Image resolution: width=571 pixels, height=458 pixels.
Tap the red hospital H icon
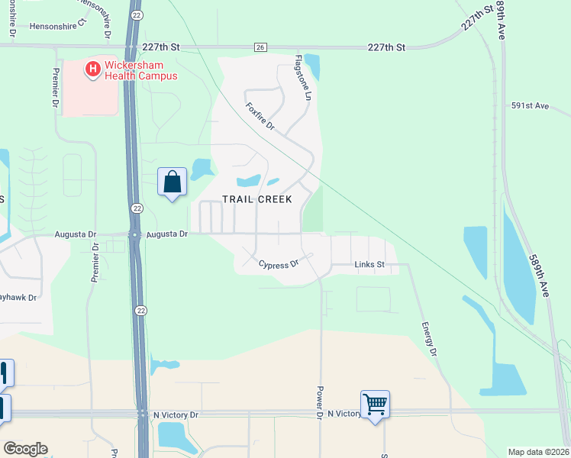[92, 70]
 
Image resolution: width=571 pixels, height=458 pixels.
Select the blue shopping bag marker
[173, 182]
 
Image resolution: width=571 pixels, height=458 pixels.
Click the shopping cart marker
[376, 404]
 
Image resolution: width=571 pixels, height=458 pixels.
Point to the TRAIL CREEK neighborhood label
[257, 199]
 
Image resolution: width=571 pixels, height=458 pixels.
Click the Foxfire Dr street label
[260, 117]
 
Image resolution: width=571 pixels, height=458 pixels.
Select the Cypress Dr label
[278, 265]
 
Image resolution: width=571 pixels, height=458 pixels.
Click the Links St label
[370, 265]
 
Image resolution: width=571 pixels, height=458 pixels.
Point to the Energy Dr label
[430, 338]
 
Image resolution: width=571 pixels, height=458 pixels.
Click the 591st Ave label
[531, 105]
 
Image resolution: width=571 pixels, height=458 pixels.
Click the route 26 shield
[260, 47]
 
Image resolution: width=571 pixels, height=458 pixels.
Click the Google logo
[25, 449]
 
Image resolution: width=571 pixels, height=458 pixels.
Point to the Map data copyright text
[538, 452]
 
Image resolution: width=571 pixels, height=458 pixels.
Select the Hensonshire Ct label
[59, 26]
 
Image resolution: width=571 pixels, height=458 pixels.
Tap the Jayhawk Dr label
[18, 297]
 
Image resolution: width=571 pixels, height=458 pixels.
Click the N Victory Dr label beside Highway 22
[176, 414]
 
